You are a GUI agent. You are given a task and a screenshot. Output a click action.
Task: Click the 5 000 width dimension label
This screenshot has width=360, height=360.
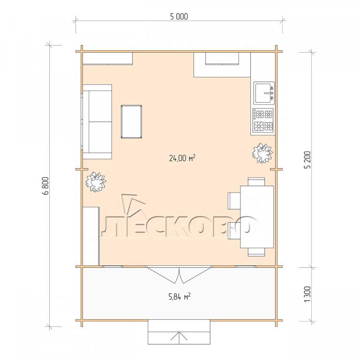click(x=179, y=16)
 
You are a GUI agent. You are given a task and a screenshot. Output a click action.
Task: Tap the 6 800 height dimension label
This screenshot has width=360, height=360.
click(x=46, y=186)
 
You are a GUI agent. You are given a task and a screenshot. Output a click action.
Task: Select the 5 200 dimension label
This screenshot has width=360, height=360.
click(x=307, y=160)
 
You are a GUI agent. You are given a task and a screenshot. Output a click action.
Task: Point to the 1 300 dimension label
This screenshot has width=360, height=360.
click(x=307, y=294)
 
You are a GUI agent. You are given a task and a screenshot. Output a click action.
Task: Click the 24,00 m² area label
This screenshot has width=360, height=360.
click(x=182, y=158)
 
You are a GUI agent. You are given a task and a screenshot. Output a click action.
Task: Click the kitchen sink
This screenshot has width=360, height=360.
click(x=264, y=93)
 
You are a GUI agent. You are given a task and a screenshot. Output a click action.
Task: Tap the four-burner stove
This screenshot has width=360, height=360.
click(x=263, y=120)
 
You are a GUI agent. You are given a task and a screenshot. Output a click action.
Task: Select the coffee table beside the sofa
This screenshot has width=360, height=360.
click(x=131, y=122)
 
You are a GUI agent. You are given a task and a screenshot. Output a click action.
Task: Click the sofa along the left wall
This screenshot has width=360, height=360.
click(x=97, y=122)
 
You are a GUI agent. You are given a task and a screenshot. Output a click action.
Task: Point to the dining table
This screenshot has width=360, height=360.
click(x=257, y=217)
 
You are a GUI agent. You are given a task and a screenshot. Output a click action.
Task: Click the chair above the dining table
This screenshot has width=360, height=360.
click(x=256, y=181)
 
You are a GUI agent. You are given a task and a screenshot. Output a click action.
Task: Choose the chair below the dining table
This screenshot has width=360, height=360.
click(x=256, y=252)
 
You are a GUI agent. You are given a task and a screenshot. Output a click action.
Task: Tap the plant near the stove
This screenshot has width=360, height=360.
click(x=262, y=153)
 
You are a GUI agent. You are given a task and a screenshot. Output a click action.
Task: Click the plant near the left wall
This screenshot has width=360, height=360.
click(x=96, y=182)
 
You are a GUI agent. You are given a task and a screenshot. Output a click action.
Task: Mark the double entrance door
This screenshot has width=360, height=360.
click(x=180, y=274)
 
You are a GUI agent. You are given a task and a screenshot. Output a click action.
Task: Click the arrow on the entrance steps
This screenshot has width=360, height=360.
click(x=179, y=338)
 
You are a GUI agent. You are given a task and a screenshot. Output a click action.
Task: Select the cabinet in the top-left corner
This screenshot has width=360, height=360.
click(x=107, y=59)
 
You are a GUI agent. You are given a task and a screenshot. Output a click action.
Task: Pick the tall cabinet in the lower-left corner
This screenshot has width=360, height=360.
click(x=91, y=236)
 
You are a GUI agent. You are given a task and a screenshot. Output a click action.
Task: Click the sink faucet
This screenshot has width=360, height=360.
click(x=269, y=93)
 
